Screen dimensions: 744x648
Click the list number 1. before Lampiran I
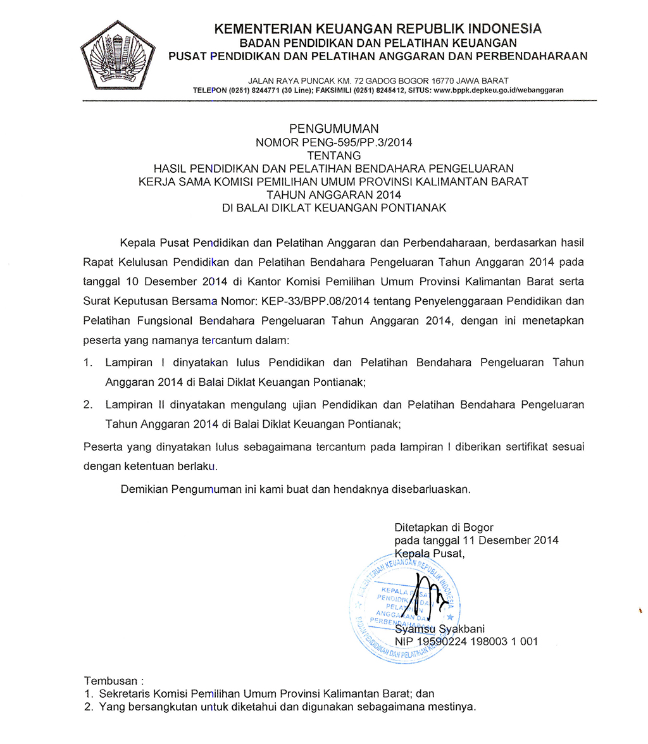89,363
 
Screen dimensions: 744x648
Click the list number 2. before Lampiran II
89,404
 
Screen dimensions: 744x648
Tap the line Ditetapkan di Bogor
444,527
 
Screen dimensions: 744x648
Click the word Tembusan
110,681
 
